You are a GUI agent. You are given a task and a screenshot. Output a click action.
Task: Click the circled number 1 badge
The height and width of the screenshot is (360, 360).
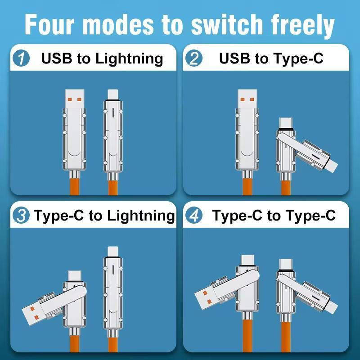(x=21, y=59)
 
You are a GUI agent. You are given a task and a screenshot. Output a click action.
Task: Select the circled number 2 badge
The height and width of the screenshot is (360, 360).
(x=194, y=59)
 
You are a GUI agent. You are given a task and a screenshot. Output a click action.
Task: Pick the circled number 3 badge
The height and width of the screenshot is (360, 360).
(x=21, y=216)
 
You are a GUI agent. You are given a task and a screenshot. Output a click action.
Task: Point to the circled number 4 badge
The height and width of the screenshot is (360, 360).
(x=194, y=216)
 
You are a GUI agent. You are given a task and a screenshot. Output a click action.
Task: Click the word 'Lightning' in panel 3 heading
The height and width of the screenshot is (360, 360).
(x=141, y=216)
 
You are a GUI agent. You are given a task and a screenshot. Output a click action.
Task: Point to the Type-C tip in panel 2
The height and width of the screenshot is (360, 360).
(x=285, y=123)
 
